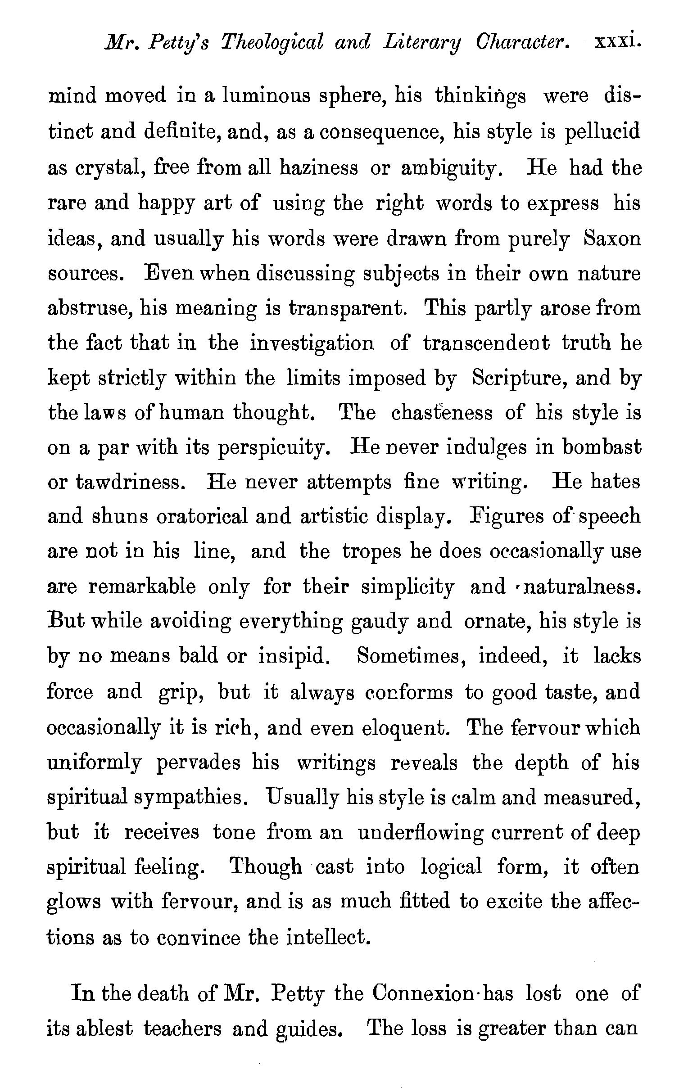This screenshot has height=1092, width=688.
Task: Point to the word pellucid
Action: click(x=603, y=132)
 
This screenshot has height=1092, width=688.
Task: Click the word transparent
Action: click(x=348, y=309)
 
